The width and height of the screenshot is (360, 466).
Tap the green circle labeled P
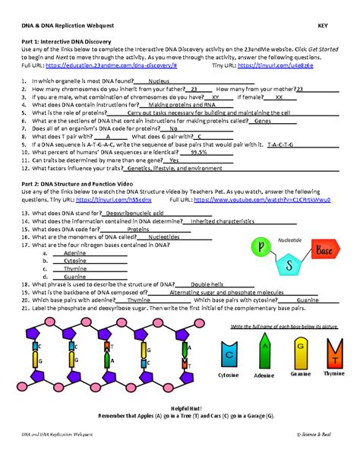pyautogui.click(x=262, y=247)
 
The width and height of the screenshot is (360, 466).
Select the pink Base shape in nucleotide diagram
pyautogui.click(x=324, y=250)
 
